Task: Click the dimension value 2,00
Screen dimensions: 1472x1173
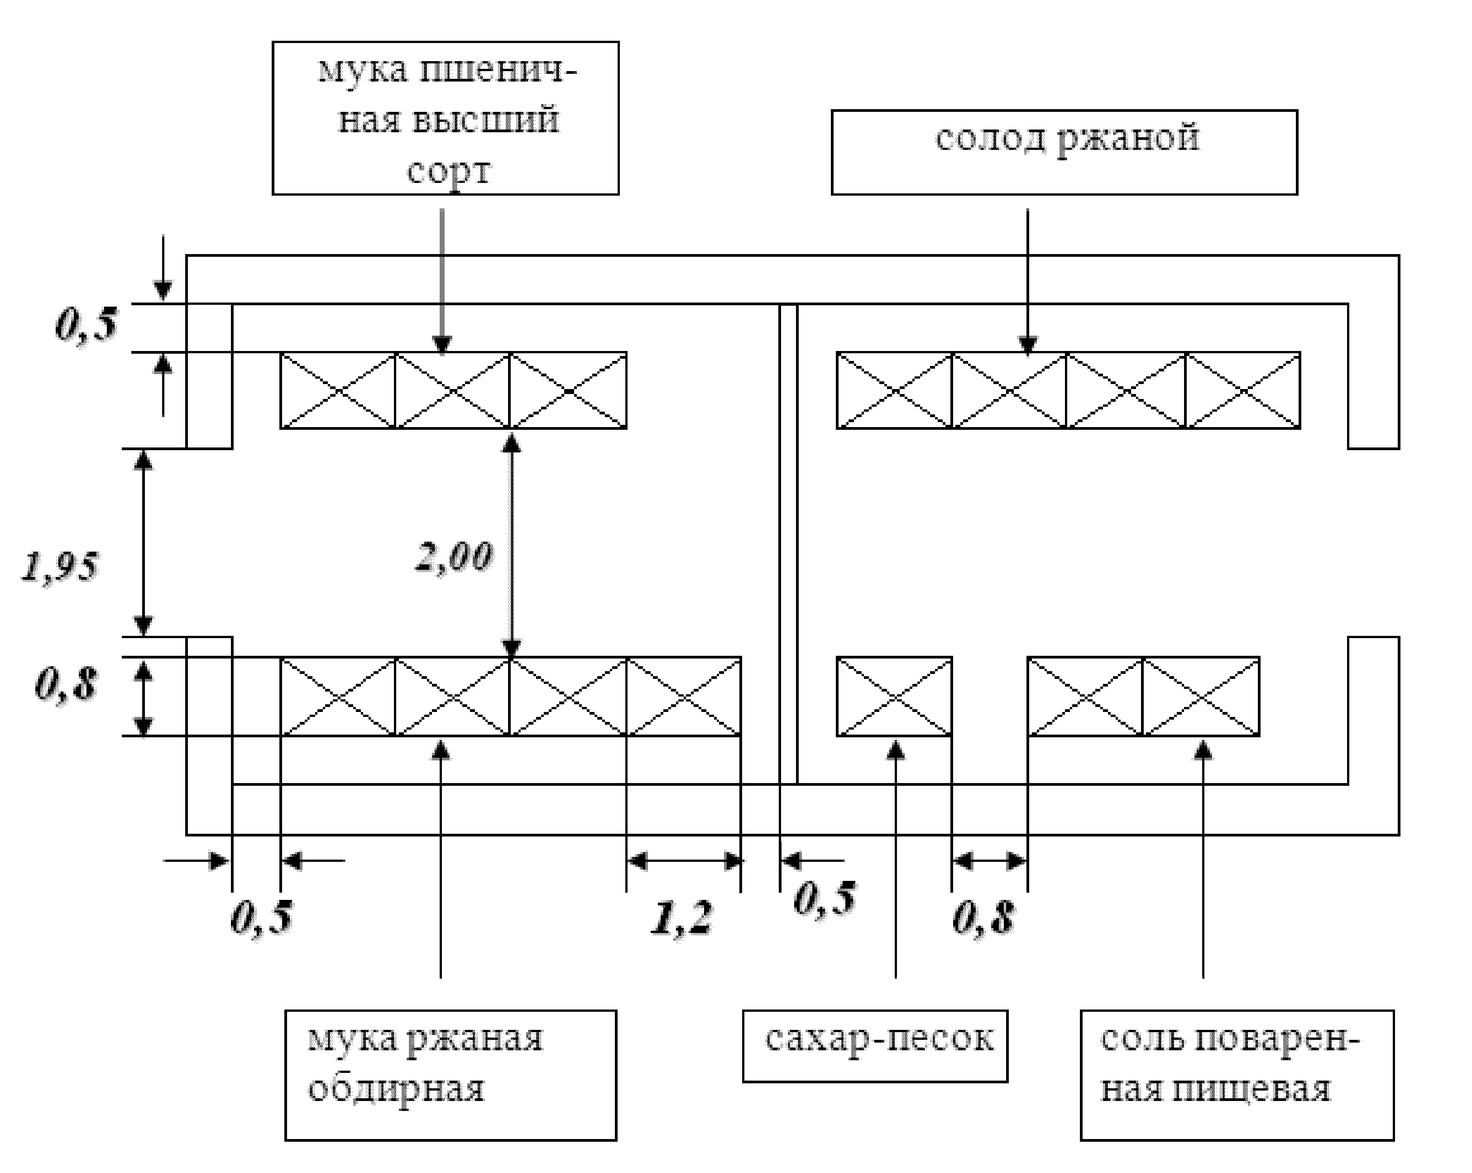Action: pyautogui.click(x=454, y=557)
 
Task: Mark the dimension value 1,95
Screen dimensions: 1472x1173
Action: pyautogui.click(x=60, y=567)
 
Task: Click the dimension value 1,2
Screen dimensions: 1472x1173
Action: pyautogui.click(x=682, y=918)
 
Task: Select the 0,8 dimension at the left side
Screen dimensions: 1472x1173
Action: pyautogui.click(x=66, y=684)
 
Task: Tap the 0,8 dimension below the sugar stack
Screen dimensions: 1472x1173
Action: pyautogui.click(x=983, y=917)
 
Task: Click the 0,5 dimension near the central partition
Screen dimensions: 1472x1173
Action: pyautogui.click(x=825, y=898)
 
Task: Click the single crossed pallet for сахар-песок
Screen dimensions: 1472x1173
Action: pyautogui.click(x=894, y=697)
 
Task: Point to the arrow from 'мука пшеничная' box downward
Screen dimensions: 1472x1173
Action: pyautogui.click(x=442, y=282)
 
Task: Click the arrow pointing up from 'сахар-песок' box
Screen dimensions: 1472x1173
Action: pyautogui.click(x=896, y=860)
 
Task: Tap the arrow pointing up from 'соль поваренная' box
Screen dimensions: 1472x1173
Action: pyautogui.click(x=1203, y=860)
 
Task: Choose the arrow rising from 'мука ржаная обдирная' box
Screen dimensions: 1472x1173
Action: pyautogui.click(x=441, y=860)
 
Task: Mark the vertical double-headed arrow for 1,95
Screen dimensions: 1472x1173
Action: pyautogui.click(x=144, y=543)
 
